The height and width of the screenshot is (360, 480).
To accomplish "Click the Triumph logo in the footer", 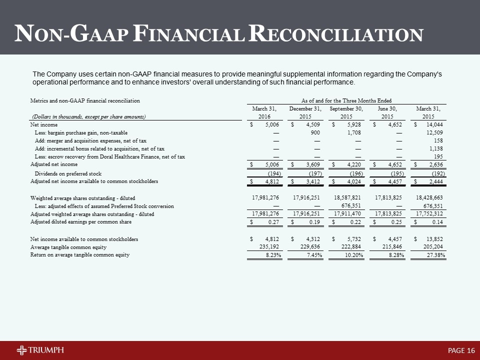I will click(40, 350).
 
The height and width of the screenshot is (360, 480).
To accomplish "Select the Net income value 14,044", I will click(434, 124).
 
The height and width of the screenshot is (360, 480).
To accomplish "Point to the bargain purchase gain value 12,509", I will click(434, 132).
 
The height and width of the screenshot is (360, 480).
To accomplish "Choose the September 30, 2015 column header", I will click(346, 112).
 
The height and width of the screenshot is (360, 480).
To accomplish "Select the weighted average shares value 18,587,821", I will click(347, 197).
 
